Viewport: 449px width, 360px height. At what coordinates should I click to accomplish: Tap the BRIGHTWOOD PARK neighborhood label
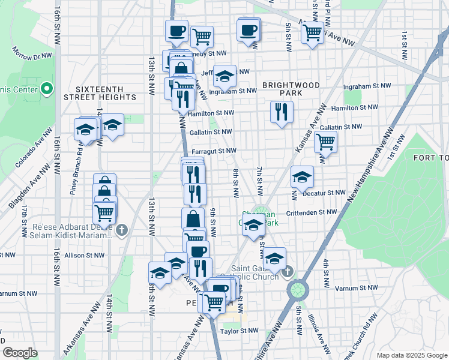coord(291,89)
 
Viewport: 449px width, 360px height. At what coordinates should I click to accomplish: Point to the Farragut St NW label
coord(214,151)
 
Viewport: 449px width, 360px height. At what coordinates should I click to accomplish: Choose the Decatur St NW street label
coord(324,193)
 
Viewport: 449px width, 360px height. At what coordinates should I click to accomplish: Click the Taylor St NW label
coord(239,331)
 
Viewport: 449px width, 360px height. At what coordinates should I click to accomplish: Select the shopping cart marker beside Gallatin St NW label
coord(325,142)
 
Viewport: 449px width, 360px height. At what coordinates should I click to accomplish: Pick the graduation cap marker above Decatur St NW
coord(302,176)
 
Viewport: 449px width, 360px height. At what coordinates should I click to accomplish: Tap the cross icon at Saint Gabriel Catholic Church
coord(288,271)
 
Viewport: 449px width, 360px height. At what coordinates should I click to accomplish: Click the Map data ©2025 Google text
coord(411,355)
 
